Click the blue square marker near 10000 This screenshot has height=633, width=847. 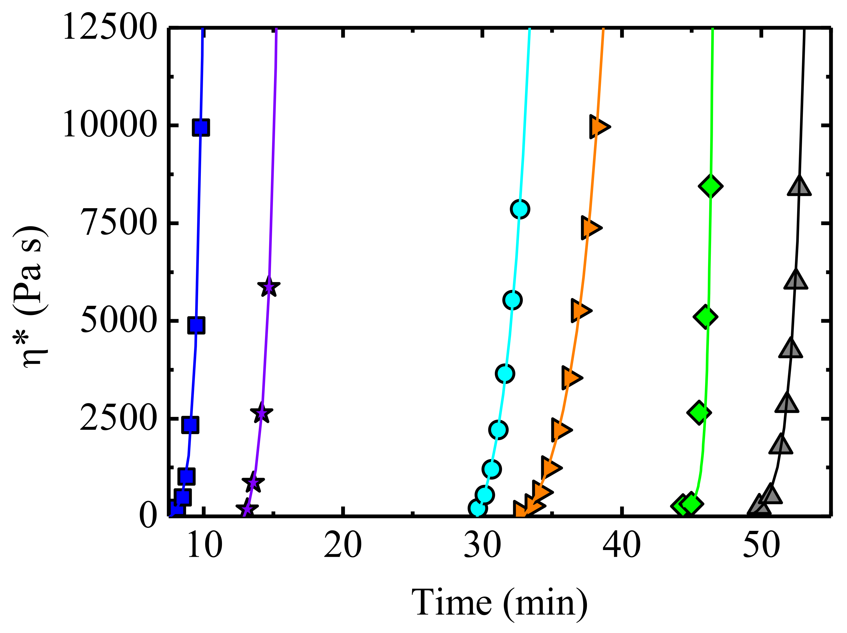(x=201, y=127)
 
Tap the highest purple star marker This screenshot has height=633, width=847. (x=269, y=287)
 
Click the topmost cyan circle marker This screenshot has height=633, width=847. (x=520, y=209)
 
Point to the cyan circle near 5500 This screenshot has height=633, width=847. (x=512, y=300)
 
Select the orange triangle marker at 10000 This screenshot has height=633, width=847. (x=598, y=126)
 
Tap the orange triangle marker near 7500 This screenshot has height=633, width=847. (x=590, y=228)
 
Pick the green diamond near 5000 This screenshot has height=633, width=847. (x=705, y=317)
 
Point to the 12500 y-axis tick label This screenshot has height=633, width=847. (x=110, y=27)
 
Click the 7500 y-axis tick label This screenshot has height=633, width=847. (x=119, y=223)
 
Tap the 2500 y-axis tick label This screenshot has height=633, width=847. (x=119, y=418)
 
